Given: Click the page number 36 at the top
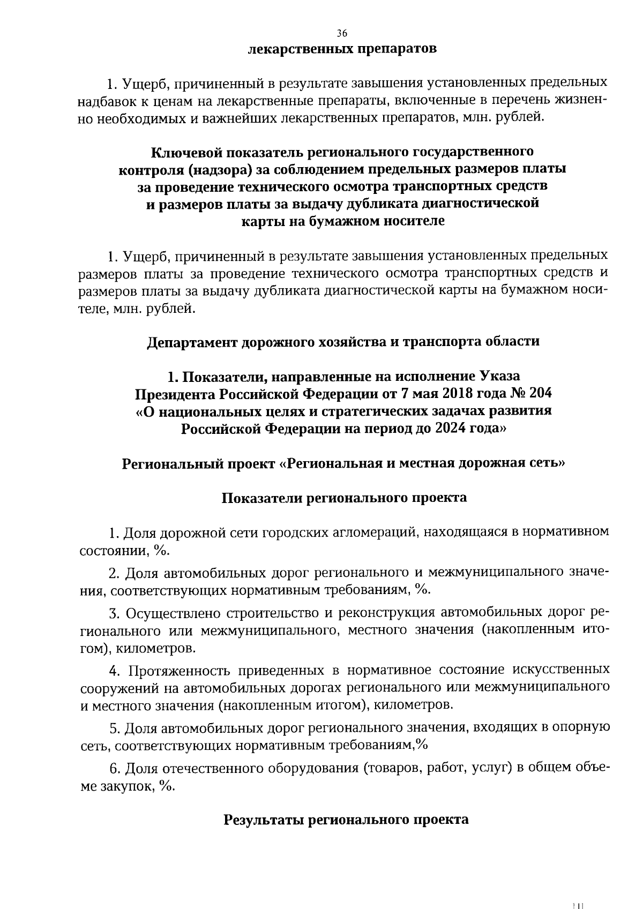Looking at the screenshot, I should [x=342, y=33].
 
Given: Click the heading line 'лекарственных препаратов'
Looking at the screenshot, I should [x=342, y=49].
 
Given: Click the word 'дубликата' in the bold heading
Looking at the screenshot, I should [x=376, y=204].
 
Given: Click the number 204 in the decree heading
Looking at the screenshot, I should [x=540, y=394].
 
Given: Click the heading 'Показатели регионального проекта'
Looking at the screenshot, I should [x=344, y=498].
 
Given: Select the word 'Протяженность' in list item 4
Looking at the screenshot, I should [x=183, y=670].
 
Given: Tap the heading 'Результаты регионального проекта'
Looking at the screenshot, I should [x=346, y=820].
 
